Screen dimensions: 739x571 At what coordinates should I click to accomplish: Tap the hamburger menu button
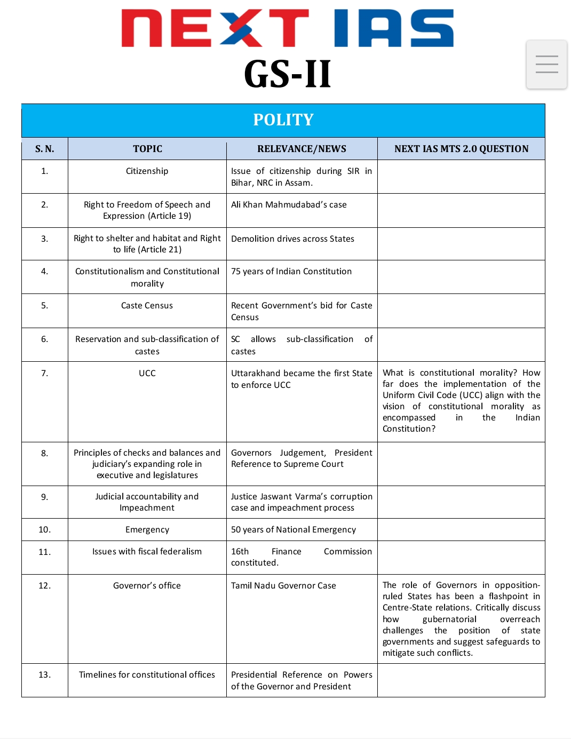click(x=546, y=64)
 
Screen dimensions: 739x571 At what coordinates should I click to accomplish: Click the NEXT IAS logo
click(x=287, y=28)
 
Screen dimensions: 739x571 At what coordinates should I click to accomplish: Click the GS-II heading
click(x=287, y=74)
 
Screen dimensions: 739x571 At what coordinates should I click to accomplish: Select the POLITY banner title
click(x=283, y=120)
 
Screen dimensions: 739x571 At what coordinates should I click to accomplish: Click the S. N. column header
click(x=45, y=149)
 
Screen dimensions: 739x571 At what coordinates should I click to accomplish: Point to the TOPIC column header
click(x=147, y=149)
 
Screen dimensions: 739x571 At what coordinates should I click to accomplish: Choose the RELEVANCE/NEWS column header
click(x=302, y=149)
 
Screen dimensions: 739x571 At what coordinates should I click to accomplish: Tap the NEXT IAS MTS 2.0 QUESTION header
click(x=461, y=149)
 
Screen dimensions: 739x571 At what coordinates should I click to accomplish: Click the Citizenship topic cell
click(x=147, y=171)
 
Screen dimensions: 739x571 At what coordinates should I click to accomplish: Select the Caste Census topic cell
click(x=147, y=306)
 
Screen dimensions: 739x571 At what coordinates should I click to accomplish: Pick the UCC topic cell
click(x=147, y=374)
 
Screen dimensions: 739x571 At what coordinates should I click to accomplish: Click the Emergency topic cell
click(x=147, y=530)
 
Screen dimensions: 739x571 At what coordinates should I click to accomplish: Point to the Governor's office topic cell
click(x=147, y=586)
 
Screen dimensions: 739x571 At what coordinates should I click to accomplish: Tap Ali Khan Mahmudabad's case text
click(x=289, y=205)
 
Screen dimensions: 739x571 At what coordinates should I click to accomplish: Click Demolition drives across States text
click(x=292, y=239)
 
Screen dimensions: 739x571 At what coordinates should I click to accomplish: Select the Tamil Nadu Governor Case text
click(x=283, y=586)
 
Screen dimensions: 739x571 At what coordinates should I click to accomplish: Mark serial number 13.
click(x=45, y=675)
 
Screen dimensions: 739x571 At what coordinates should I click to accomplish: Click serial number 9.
click(x=45, y=497)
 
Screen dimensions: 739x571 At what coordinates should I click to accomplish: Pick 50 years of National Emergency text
click(x=293, y=530)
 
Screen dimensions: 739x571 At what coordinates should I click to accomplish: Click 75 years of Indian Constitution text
click(x=291, y=272)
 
